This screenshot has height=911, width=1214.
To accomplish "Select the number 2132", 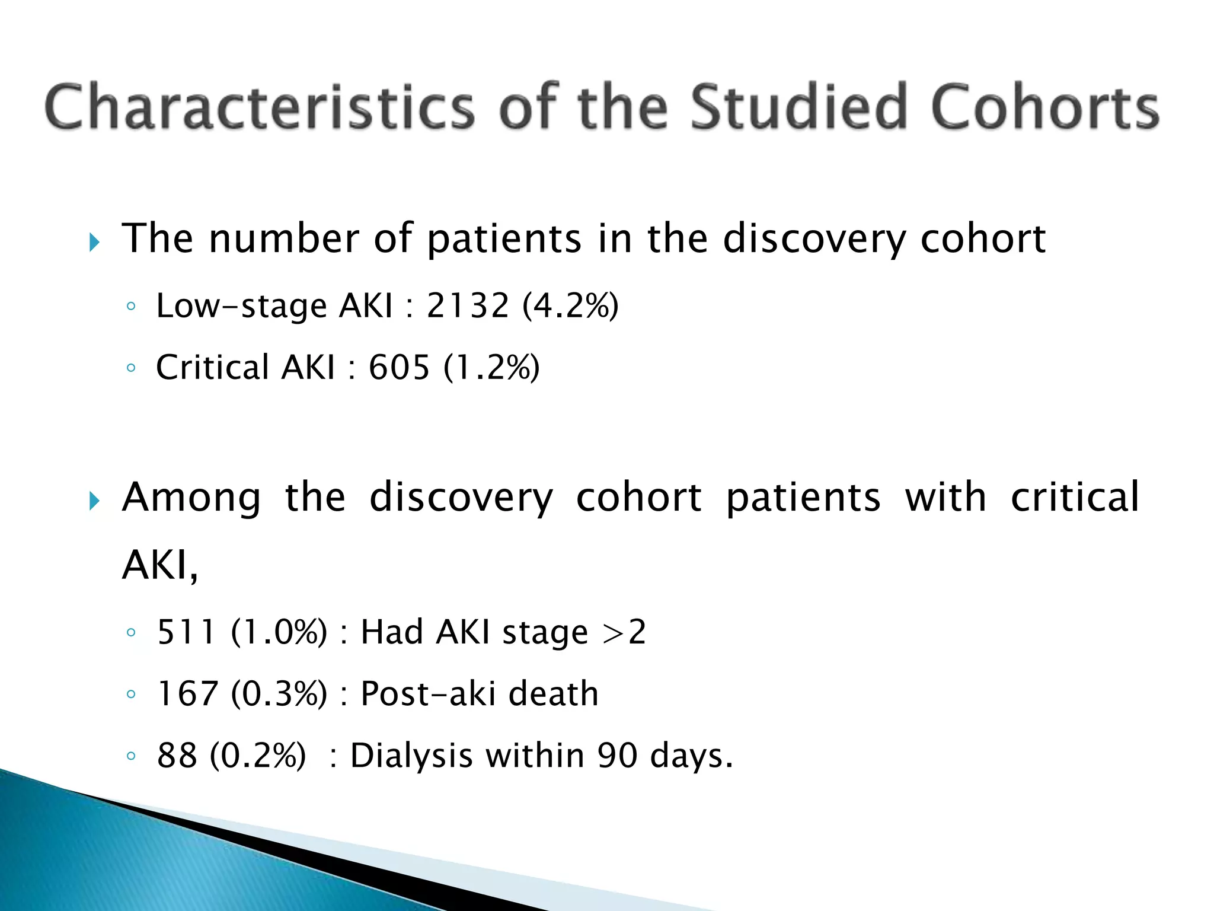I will pyautogui.click(x=468, y=306).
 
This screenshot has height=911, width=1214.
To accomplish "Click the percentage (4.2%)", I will pyautogui.click(x=570, y=306).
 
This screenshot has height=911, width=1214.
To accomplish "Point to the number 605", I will pyautogui.click(x=399, y=367).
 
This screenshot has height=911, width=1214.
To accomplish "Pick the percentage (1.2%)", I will pyautogui.click(x=491, y=367).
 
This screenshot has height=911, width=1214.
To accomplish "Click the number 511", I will pyautogui.click(x=186, y=632).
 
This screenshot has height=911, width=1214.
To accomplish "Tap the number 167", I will pyautogui.click(x=187, y=693).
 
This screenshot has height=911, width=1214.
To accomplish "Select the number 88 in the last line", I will pyautogui.click(x=177, y=756).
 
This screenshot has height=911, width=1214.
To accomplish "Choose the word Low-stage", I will pyautogui.click(x=241, y=306).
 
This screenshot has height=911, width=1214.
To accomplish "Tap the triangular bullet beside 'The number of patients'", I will pyautogui.click(x=94, y=242).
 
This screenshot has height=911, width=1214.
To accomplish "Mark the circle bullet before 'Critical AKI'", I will pyautogui.click(x=131, y=368).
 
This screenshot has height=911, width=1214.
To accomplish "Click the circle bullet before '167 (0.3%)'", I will pyautogui.click(x=131, y=694).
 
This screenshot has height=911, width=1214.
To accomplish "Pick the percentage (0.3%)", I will pyautogui.click(x=279, y=693).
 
